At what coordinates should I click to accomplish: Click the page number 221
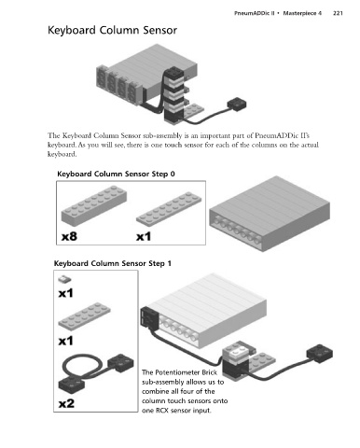338,13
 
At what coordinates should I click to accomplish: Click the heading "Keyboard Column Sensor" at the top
112,31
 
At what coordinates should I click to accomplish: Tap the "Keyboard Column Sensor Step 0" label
116,174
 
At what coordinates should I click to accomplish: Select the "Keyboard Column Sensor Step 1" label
113,263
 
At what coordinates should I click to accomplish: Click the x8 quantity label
69,236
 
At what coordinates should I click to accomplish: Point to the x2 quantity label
66,403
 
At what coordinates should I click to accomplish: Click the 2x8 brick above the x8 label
94,204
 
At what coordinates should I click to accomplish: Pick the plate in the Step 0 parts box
169,207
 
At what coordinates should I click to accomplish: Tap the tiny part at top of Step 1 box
64,279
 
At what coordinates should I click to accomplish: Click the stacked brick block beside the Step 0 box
270,214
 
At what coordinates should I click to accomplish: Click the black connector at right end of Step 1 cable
319,354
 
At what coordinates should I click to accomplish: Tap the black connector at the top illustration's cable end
237,105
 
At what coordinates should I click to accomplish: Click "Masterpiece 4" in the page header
302,13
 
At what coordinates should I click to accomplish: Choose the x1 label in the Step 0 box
144,236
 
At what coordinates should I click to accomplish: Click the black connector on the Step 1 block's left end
150,317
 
